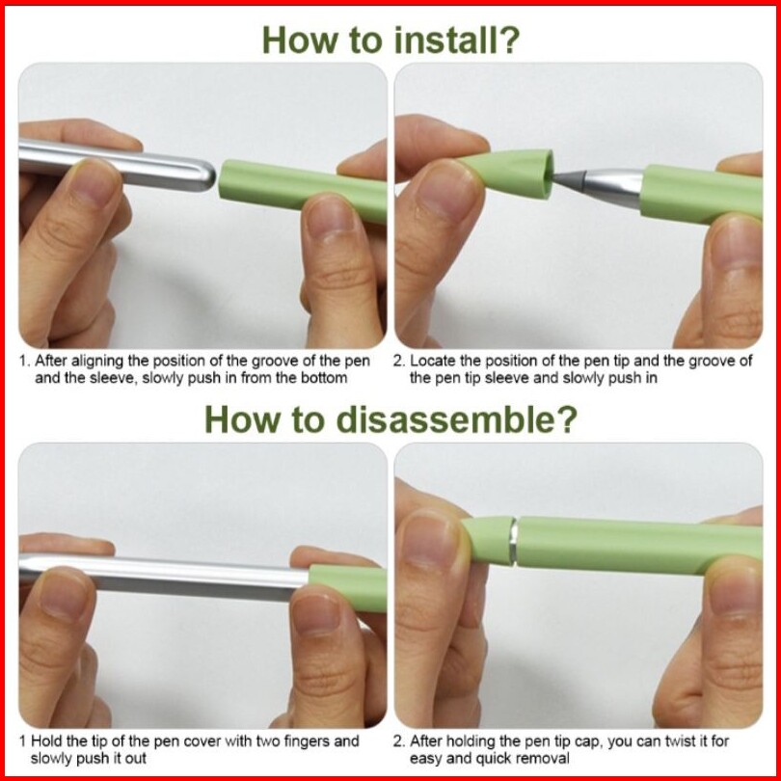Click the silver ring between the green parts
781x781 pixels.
[x=513, y=542]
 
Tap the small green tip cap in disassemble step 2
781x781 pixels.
[x=488, y=540]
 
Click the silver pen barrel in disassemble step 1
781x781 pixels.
[x=163, y=577]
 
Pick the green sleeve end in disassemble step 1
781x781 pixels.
[x=348, y=588]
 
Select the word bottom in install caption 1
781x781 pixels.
[x=324, y=378]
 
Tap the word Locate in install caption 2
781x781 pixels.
[x=433, y=361]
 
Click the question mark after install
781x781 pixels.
[x=508, y=40]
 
